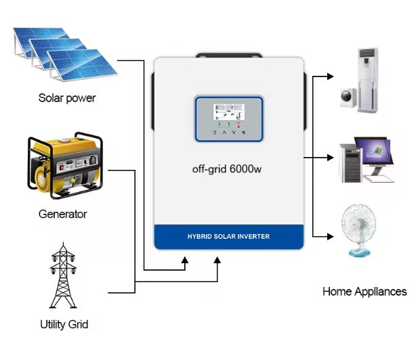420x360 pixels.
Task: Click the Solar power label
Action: point(67,98)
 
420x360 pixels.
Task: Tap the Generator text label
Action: point(63,215)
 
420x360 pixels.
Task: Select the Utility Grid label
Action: point(64,324)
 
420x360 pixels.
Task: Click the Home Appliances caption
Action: point(364,292)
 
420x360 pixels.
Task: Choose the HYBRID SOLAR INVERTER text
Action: point(228,237)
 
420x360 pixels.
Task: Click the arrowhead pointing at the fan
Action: point(331,236)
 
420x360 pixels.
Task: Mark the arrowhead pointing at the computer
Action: point(331,158)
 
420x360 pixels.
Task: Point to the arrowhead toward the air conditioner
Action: point(331,76)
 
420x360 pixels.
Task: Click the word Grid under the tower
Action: point(77,324)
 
